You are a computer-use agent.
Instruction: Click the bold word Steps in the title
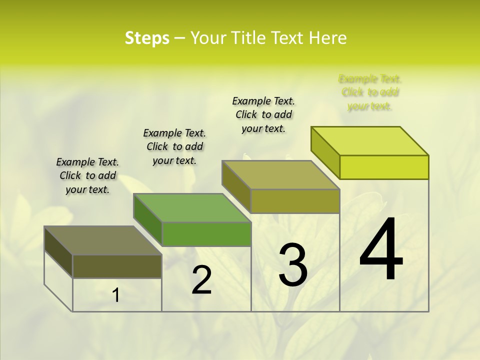click(x=147, y=38)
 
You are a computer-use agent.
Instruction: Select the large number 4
click(x=381, y=249)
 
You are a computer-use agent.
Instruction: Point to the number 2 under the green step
click(x=201, y=280)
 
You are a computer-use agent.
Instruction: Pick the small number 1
click(x=116, y=295)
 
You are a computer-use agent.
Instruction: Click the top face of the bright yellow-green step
click(x=370, y=141)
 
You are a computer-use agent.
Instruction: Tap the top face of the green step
click(x=192, y=208)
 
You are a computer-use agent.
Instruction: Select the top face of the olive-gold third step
click(x=281, y=175)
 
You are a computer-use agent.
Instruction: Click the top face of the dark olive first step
click(x=103, y=240)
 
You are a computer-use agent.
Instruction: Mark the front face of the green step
click(x=206, y=234)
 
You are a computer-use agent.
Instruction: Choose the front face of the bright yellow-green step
click(x=384, y=167)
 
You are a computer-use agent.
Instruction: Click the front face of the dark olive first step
click(x=117, y=266)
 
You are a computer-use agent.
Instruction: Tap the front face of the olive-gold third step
click(x=295, y=201)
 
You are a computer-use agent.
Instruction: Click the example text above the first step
click(x=87, y=175)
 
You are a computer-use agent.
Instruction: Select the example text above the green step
click(x=174, y=146)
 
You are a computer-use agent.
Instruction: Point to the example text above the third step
click(x=263, y=114)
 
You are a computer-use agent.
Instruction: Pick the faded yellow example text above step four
click(x=370, y=92)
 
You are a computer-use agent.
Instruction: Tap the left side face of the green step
click(x=148, y=220)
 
